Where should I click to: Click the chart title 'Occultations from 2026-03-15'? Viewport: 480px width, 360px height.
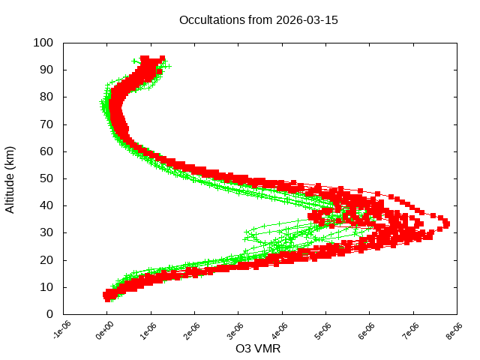(259, 19)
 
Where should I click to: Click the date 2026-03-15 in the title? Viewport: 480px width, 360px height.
(307, 19)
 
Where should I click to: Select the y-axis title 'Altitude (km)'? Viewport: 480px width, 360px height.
(10, 178)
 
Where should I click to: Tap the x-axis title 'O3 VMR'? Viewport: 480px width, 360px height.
(259, 348)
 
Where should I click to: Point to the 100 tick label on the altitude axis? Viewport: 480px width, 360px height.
(43, 43)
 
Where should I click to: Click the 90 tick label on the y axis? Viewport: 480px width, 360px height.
(46, 70)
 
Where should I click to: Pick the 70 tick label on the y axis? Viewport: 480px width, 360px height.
(46, 124)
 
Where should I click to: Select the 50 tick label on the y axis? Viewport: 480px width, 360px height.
(46, 178)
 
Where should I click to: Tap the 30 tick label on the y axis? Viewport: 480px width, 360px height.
(46, 232)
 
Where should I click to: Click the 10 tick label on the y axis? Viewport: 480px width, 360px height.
(46, 286)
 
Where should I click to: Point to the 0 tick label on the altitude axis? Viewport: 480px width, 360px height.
(49, 313)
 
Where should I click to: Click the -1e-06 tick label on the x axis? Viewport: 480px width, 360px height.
(61, 330)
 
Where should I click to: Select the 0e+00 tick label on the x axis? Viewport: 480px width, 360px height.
(105, 330)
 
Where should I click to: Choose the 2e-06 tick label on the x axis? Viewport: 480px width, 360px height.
(193, 330)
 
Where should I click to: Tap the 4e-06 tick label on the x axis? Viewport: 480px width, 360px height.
(280, 330)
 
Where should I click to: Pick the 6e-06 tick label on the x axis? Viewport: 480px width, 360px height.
(368, 330)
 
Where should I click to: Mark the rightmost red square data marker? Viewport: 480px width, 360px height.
(446, 223)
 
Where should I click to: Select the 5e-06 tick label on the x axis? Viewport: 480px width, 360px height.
(324, 330)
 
